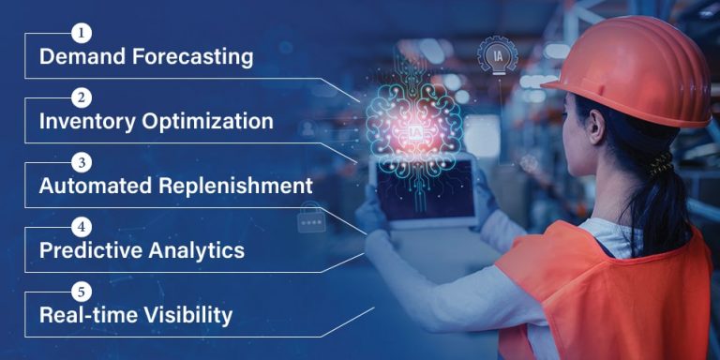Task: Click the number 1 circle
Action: [x=83, y=35]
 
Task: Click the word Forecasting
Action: [x=193, y=57]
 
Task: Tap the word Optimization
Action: [x=208, y=122]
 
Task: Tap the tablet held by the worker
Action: [x=423, y=192]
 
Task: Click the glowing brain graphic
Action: [x=412, y=117]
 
